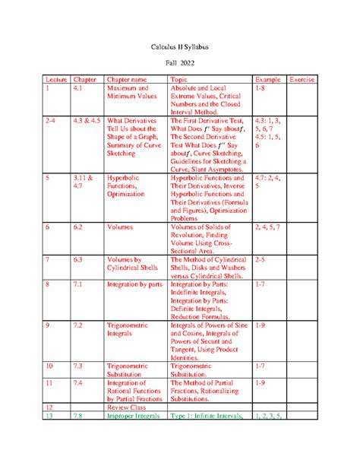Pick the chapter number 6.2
(79, 227)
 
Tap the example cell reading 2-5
(261, 258)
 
